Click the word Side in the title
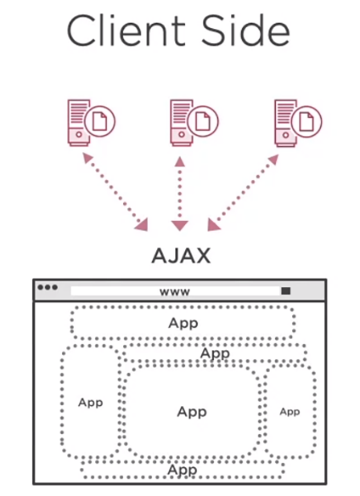(246, 31)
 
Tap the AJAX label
(181, 255)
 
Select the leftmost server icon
(91, 122)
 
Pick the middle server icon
(194, 122)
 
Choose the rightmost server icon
(298, 123)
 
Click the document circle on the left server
(100, 121)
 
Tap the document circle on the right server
(307, 122)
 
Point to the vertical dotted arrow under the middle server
(180, 194)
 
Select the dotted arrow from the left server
(115, 192)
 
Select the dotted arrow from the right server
(243, 192)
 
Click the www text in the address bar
(175, 291)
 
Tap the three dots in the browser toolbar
(48, 287)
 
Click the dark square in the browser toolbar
(285, 291)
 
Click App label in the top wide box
(183, 324)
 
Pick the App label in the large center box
(192, 412)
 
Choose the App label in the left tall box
(91, 403)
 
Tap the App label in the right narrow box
(289, 412)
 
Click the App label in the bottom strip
(183, 470)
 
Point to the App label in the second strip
(215, 353)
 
